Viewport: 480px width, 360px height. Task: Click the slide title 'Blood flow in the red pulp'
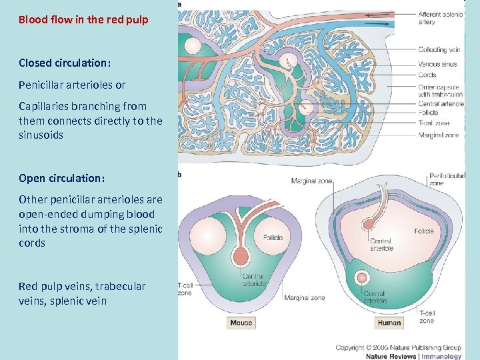[x=83, y=19]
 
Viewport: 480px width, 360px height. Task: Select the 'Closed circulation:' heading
[x=64, y=63]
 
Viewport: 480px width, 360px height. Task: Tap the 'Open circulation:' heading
[x=62, y=179]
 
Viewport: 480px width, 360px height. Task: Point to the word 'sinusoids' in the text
[x=41, y=135]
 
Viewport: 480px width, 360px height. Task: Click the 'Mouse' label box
[x=241, y=323]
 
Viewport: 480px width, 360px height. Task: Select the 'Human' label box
[x=389, y=323]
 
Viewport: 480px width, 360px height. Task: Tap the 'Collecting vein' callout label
[x=439, y=49]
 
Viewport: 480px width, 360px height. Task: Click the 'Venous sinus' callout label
[x=437, y=64]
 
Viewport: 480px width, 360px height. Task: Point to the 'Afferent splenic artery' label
[x=439, y=18]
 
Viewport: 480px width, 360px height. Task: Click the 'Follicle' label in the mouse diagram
[x=274, y=237]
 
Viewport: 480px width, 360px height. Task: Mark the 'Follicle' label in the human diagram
[x=423, y=231]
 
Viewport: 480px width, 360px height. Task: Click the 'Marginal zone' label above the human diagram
[x=311, y=181]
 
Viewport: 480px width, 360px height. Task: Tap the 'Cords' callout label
[x=427, y=75]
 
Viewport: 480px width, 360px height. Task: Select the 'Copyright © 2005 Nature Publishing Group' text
[x=397, y=347]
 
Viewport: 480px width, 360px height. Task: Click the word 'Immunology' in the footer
[x=441, y=356]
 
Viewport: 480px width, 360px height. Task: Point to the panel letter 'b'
[x=179, y=175]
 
